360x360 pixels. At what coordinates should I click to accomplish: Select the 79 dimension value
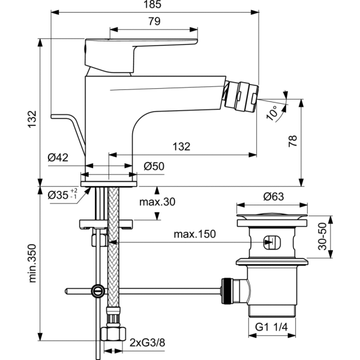coord(154,22)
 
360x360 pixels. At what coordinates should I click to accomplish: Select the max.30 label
coord(157,202)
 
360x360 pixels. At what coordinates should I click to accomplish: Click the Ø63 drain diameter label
coord(273,195)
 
